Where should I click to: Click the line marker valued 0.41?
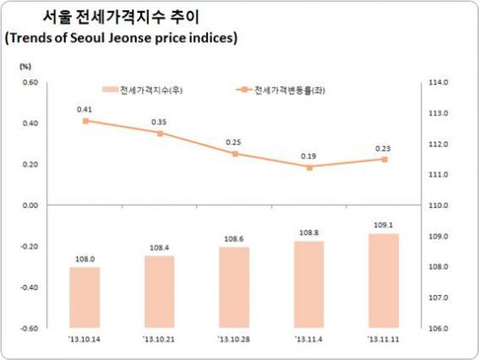86,121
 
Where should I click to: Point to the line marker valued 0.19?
309,168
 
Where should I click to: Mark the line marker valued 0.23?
385,159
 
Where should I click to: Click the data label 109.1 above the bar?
384,226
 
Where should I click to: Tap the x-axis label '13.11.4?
309,339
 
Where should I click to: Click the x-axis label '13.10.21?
159,339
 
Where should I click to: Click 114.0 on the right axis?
439,83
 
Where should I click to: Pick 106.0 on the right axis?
439,328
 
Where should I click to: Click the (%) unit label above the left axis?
25,66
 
